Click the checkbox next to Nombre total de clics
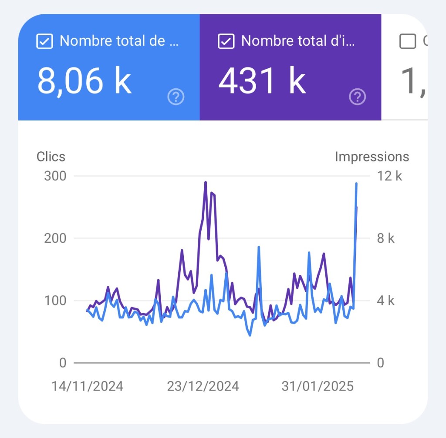pyautogui.click(x=45, y=41)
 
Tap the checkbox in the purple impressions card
pyautogui.click(x=226, y=41)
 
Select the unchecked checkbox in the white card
pyautogui.click(x=408, y=41)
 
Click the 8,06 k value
pyautogui.click(x=84, y=81)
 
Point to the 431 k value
pyautogui.click(x=262, y=81)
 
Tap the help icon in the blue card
pyautogui.click(x=176, y=97)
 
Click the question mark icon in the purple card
pyautogui.click(x=358, y=97)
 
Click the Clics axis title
pyautogui.click(x=51, y=157)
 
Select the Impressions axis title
pyautogui.click(x=372, y=157)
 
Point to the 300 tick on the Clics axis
pyautogui.click(x=55, y=176)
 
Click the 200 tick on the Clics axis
pyautogui.click(x=55, y=238)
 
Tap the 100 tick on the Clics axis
pyautogui.click(x=55, y=301)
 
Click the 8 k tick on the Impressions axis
pyautogui.click(x=385, y=238)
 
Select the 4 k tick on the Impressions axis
pyautogui.click(x=385, y=301)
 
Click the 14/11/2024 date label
pyautogui.click(x=87, y=386)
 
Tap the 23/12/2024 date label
pyautogui.click(x=203, y=386)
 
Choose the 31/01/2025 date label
pyautogui.click(x=318, y=386)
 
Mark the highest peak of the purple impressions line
pyautogui.click(x=206, y=182)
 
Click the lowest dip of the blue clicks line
pyautogui.click(x=250, y=335)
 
